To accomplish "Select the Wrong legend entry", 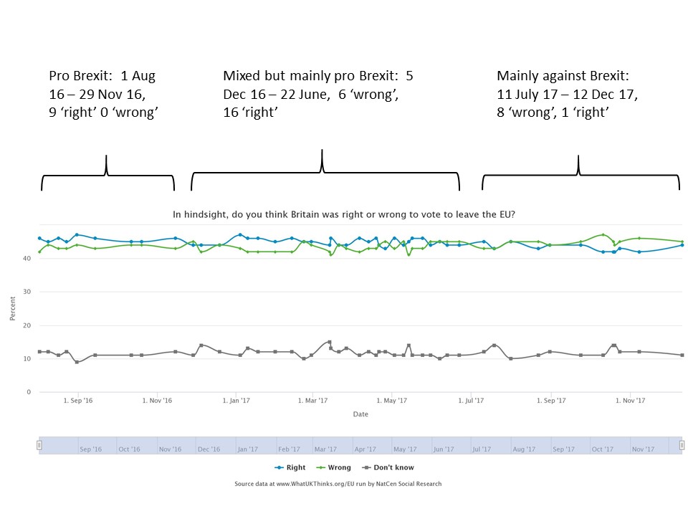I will [x=335, y=467].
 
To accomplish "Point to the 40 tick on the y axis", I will [x=27, y=258].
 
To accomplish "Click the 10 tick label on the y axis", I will [x=27, y=358].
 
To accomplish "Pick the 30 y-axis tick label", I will [x=27, y=292].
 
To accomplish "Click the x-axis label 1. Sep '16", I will [x=78, y=401].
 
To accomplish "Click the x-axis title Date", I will [x=360, y=414].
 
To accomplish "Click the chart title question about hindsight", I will [x=344, y=214].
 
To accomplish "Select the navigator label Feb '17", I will [x=289, y=449].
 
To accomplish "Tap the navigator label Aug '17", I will [x=524, y=449].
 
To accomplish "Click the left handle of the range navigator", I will [x=39, y=445].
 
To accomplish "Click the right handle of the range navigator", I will [x=682, y=445].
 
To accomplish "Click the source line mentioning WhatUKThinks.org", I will [x=338, y=484].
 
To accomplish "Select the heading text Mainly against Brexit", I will [x=563, y=76].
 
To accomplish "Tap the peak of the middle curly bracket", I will [x=322, y=151].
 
